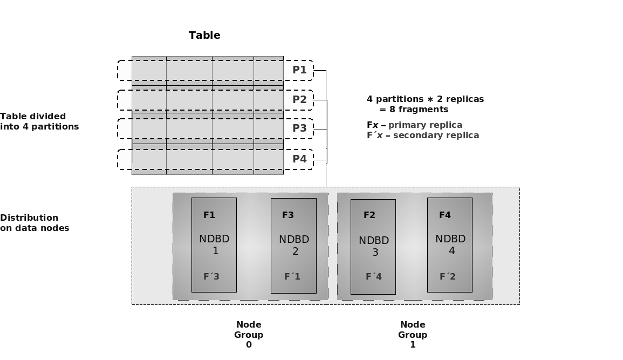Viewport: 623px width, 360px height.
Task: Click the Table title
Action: click(x=204, y=36)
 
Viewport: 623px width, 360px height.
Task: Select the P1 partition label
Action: click(x=299, y=70)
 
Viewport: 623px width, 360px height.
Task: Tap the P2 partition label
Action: click(x=299, y=100)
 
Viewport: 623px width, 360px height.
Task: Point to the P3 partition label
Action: click(x=299, y=128)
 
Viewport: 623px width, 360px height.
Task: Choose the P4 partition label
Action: click(x=299, y=159)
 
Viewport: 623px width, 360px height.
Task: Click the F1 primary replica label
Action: click(x=209, y=215)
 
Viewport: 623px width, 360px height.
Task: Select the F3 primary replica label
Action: click(x=288, y=215)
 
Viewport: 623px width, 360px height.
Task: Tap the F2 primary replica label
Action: click(x=369, y=215)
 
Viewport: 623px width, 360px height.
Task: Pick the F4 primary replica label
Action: click(x=445, y=215)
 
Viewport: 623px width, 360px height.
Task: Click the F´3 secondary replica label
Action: click(x=211, y=277)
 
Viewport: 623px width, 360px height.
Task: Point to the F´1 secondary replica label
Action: click(x=292, y=277)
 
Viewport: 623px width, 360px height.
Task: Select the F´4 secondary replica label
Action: click(x=374, y=277)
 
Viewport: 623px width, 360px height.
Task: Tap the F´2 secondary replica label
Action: click(x=448, y=277)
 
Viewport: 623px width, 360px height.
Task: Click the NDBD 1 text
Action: click(x=214, y=244)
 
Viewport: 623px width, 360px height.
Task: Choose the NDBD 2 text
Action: click(x=294, y=245)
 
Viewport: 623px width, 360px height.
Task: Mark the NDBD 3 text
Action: click(x=374, y=246)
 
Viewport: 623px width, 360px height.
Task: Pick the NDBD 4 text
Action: click(x=450, y=244)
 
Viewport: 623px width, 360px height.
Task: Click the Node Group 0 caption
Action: click(x=249, y=335)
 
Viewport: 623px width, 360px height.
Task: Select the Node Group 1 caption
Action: click(x=413, y=335)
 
